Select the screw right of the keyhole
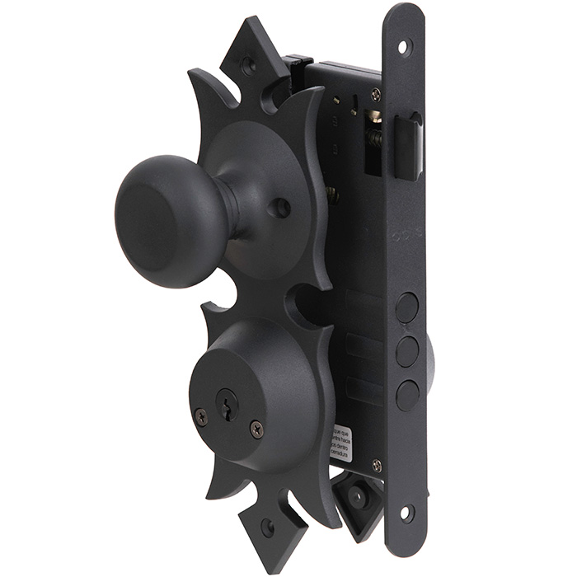(x=257, y=428)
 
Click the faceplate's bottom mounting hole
(x=405, y=513)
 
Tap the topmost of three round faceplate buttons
(x=406, y=308)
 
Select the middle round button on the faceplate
(x=406, y=352)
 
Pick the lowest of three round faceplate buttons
(x=406, y=395)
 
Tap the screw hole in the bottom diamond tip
(x=267, y=525)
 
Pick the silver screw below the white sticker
(x=376, y=466)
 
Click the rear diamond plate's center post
(x=356, y=497)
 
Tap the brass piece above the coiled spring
(x=374, y=116)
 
